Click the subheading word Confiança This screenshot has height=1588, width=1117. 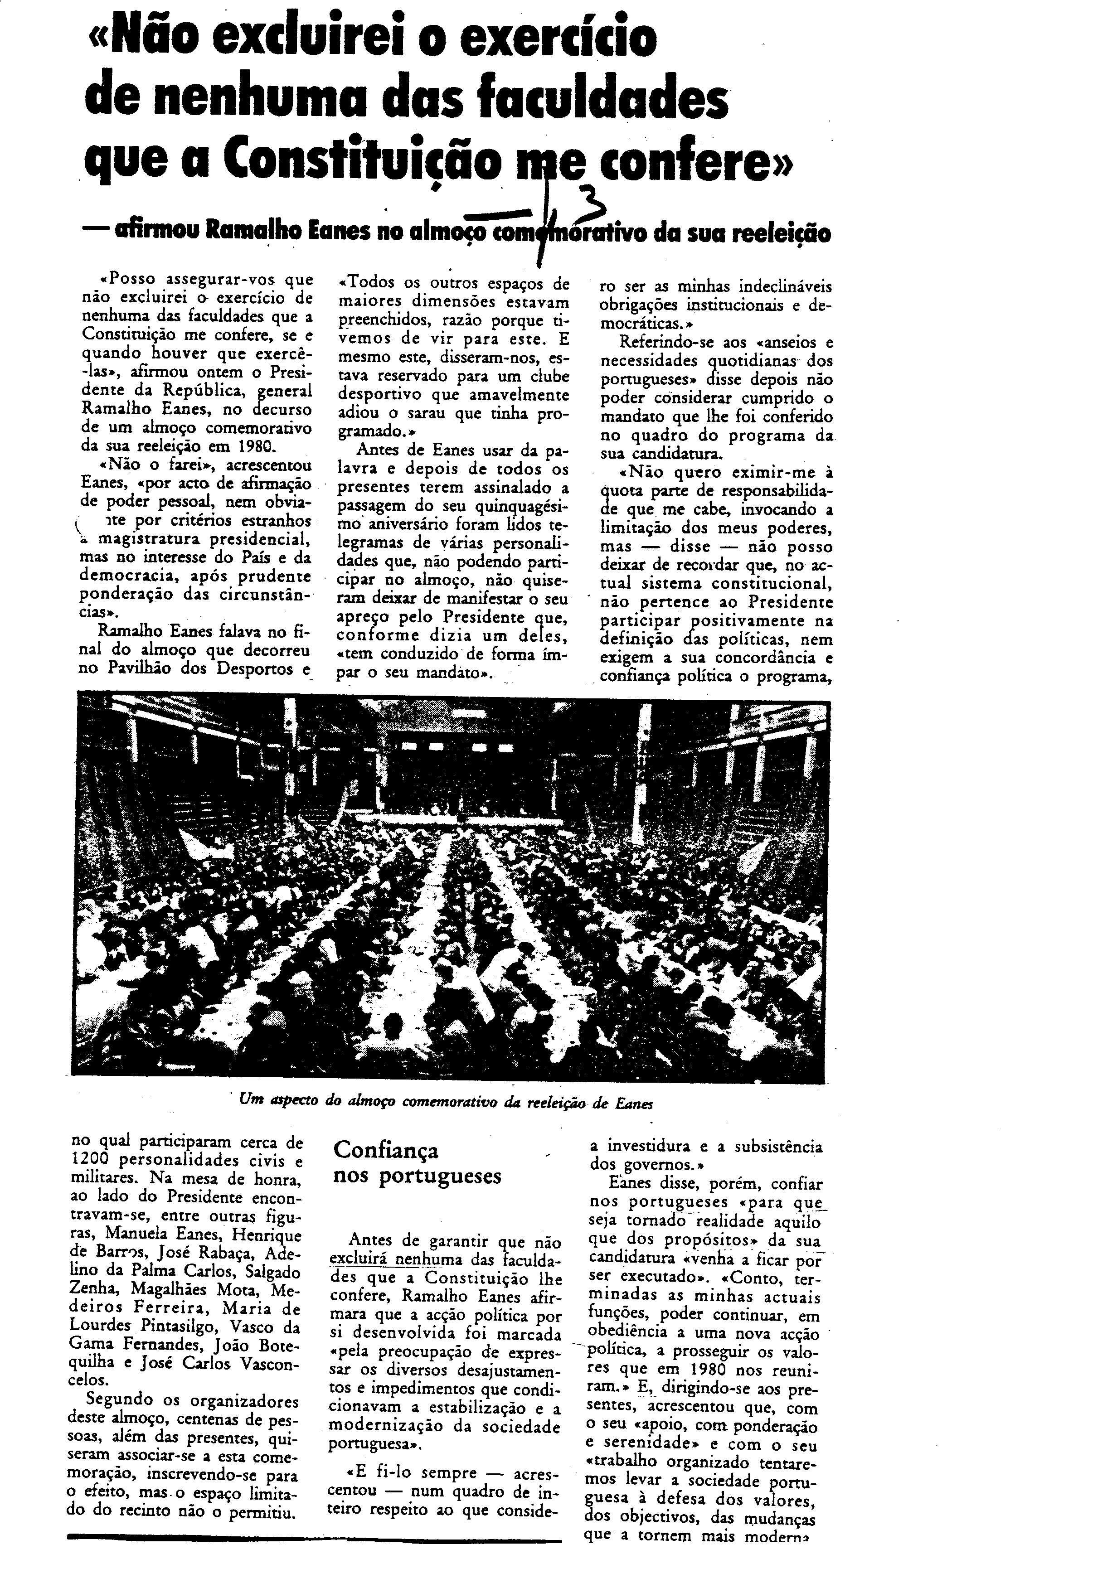[386, 1151]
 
